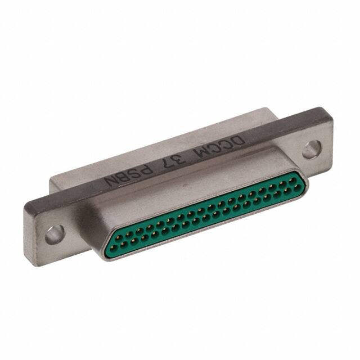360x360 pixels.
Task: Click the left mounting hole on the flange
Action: point(52,233)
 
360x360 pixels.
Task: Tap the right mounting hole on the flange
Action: point(309,150)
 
